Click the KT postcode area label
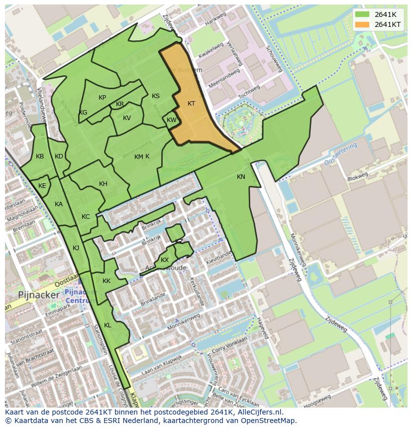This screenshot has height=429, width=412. click(191, 104)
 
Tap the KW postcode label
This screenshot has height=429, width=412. click(171, 120)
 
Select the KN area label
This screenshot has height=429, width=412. click(241, 177)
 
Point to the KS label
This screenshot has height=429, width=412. click(156, 96)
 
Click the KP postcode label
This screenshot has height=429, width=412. click(102, 98)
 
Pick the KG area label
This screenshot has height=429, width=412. click(83, 113)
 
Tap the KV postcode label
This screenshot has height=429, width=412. click(127, 118)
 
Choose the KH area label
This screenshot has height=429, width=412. click(103, 184)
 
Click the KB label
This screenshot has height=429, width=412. click(40, 156)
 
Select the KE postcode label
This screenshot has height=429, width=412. click(42, 186)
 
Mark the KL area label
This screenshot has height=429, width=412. click(107, 325)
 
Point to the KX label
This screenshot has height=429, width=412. click(165, 260)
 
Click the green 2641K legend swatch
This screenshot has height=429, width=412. click(363, 14)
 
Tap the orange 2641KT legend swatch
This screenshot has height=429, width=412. click(363, 24)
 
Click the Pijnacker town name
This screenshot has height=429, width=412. click(39, 294)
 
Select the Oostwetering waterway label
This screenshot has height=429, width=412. click(341, 154)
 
